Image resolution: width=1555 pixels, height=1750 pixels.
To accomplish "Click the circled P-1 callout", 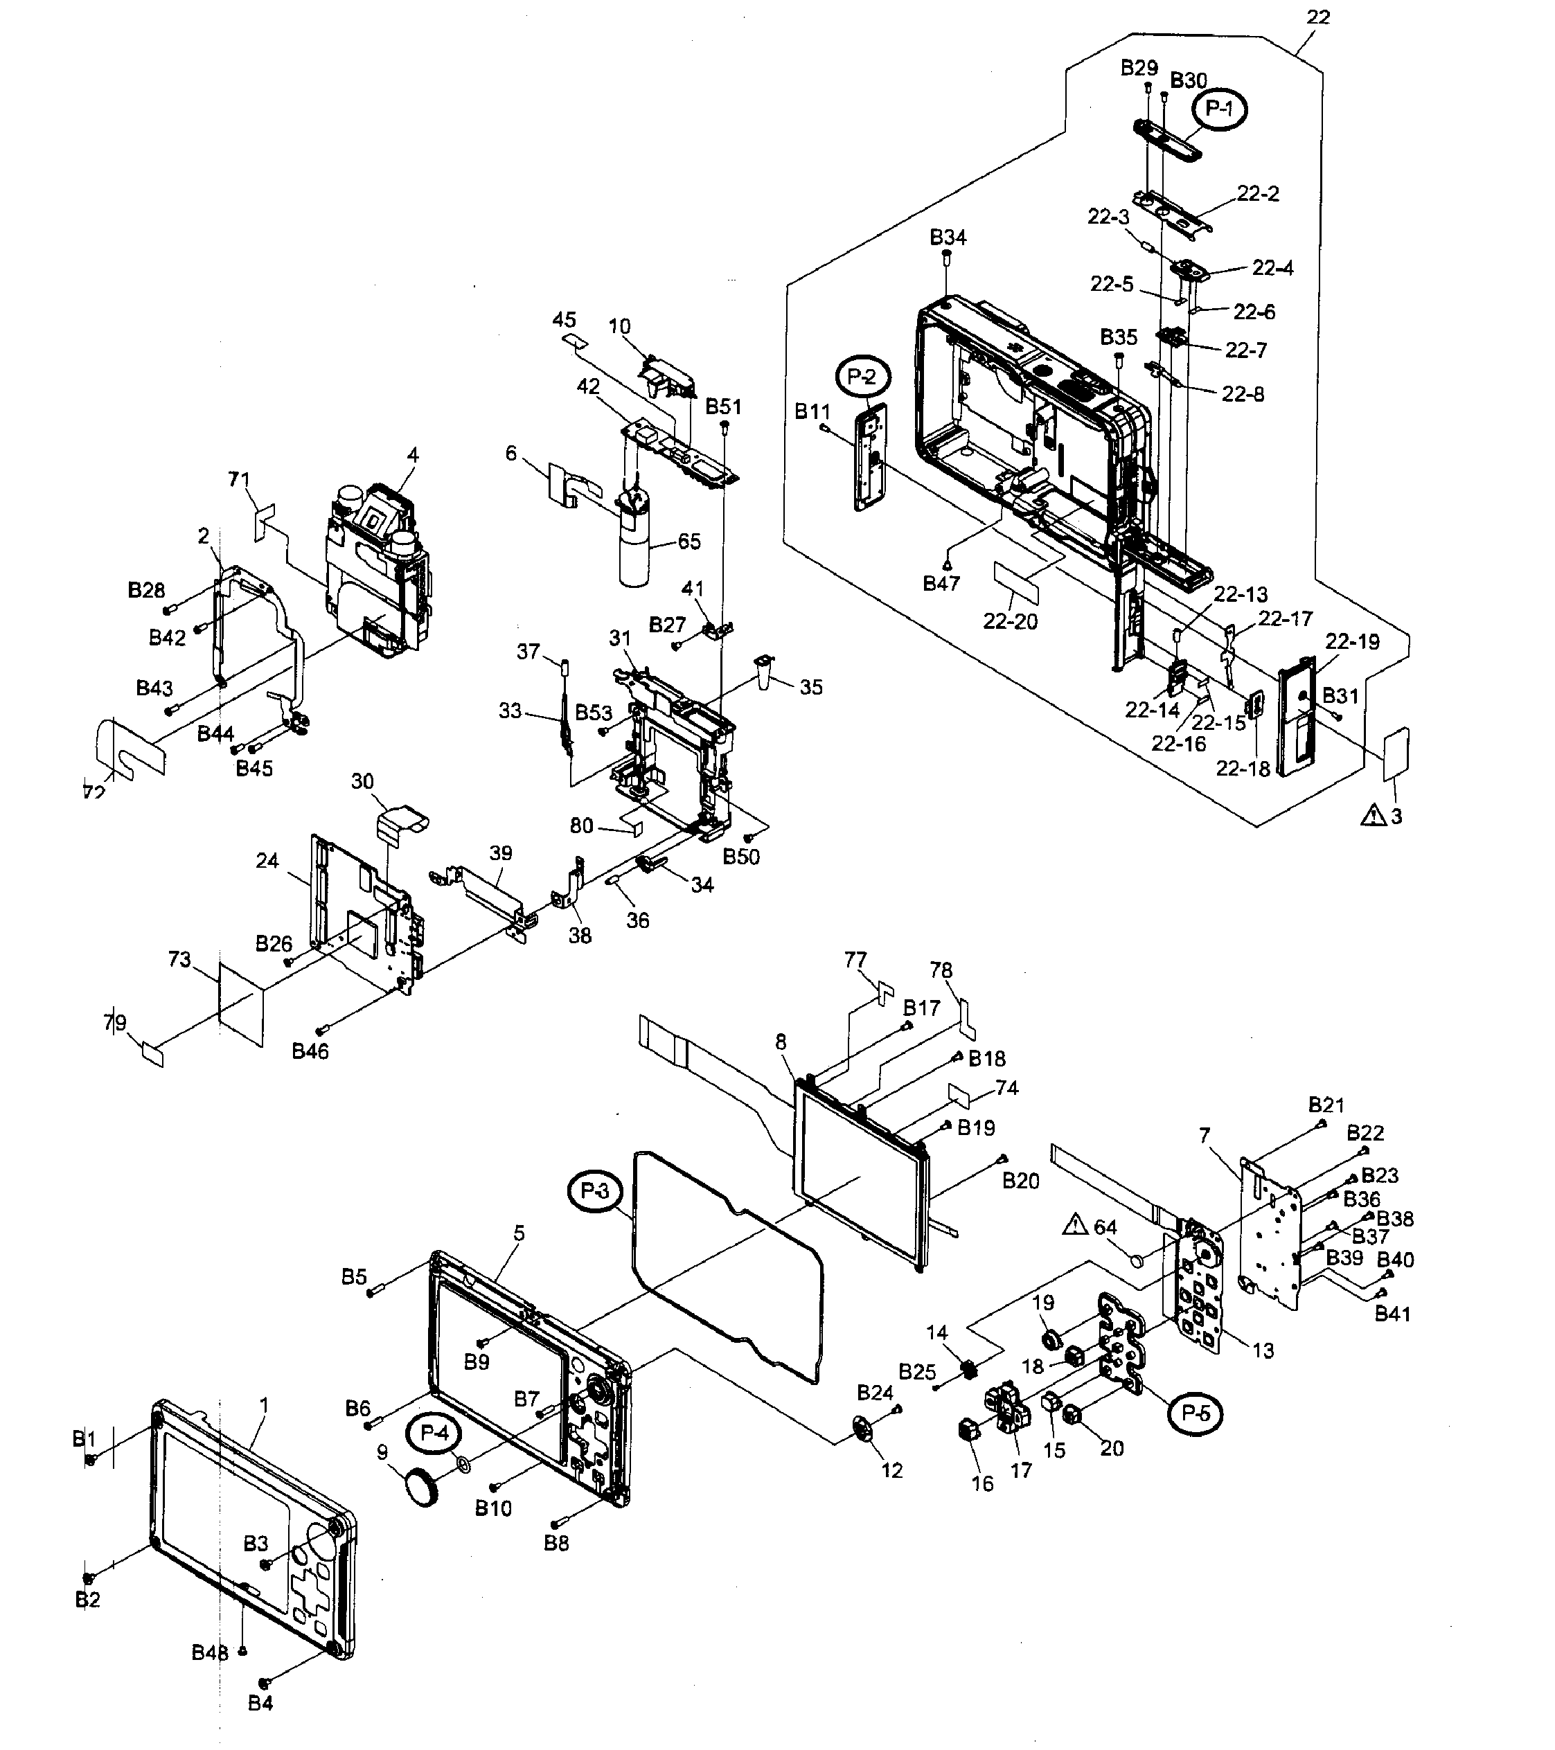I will coord(1219,109).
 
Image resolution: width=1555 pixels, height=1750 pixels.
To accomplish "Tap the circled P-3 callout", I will coord(594,1191).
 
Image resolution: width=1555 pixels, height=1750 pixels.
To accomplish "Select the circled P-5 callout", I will coord(1195,1413).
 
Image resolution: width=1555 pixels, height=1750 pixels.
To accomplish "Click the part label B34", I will coord(948,237).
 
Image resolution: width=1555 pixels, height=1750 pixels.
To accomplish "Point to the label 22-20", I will coord(1010,622).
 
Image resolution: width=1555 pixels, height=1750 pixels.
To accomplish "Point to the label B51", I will coord(724,407).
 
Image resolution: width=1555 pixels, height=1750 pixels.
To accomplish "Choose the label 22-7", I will coord(1246,350).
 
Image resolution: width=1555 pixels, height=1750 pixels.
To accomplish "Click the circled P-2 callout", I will coord(863,376).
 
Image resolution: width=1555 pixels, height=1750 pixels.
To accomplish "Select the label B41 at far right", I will coord(1392,1313).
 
